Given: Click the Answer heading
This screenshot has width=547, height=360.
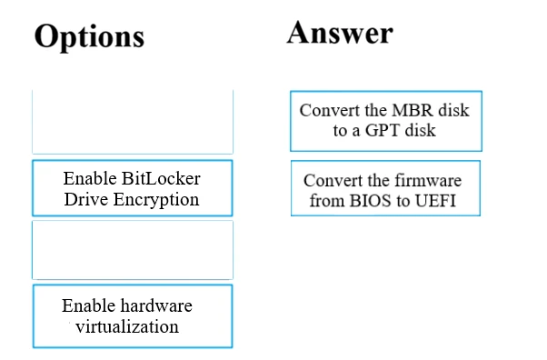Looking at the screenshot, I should [340, 32].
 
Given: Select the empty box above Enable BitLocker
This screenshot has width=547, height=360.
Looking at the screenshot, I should [133, 121].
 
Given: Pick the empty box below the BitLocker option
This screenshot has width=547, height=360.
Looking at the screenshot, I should [133, 249].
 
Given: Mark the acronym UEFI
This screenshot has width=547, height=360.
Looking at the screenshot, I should [438, 200].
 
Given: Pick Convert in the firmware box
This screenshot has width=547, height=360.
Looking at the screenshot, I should [332, 180].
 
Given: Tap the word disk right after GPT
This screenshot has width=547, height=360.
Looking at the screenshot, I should [422, 130].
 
